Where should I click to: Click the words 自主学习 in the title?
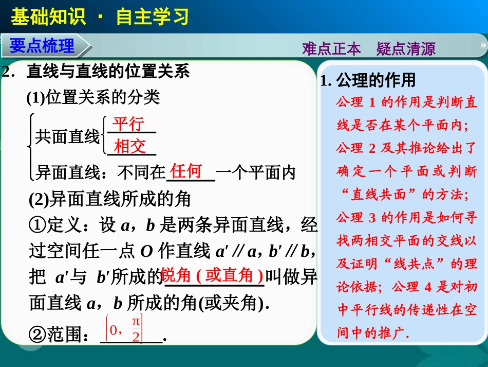pos(153,16)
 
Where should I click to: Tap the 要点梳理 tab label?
pos(42,46)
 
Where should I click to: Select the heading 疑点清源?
pos(406,49)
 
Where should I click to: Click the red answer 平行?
pos(129,125)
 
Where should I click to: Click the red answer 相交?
pos(130,147)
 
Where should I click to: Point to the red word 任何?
pos(186,171)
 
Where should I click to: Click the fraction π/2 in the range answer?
pos(136,330)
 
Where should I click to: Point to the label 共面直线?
pos(67,136)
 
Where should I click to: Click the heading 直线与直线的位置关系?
pos(108,72)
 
